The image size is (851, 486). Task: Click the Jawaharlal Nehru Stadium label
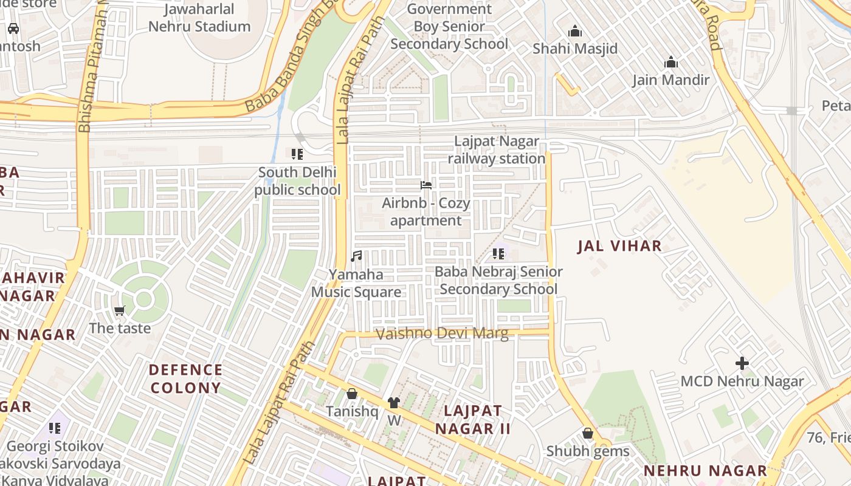coord(199,18)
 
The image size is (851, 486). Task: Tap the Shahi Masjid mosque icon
coord(575,32)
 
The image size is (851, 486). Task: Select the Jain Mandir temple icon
coord(671,63)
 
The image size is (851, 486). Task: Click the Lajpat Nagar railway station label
coord(497,150)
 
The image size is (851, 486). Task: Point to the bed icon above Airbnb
coord(426,185)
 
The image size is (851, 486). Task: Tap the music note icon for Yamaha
coord(356,256)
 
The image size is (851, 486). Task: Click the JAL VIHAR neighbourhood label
coord(619,246)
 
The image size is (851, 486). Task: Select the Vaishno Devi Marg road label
coord(442,334)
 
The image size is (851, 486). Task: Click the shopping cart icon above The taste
coord(120,311)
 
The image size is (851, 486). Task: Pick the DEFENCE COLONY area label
coord(185,378)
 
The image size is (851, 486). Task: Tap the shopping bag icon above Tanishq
coord(351,394)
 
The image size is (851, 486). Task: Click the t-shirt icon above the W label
coord(394,403)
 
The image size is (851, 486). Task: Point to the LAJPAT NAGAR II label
coord(473,419)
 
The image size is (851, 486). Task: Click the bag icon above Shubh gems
coord(587,434)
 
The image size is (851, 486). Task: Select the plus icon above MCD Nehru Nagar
coord(742,364)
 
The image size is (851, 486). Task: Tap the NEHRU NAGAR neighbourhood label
coord(705,471)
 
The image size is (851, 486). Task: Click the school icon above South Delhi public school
coord(297,154)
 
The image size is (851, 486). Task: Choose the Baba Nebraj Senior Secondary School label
coord(498,280)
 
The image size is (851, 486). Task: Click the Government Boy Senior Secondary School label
coord(449,27)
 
